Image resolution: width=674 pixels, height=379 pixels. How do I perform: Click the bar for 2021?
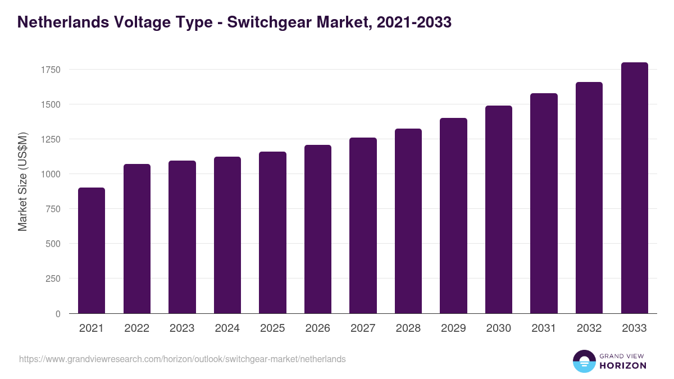(92, 250)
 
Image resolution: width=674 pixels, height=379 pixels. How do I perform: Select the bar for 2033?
(634, 188)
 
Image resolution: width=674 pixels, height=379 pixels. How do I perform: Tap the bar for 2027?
(363, 226)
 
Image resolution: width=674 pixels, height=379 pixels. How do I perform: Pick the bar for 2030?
(499, 209)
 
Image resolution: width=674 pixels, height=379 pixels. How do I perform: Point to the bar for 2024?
(227, 235)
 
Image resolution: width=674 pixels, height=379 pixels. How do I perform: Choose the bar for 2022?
(136, 239)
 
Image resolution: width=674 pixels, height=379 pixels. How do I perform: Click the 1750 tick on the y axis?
(51, 70)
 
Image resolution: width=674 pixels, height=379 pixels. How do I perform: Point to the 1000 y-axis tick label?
(51, 174)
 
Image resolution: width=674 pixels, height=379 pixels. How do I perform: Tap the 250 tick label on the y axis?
(53, 278)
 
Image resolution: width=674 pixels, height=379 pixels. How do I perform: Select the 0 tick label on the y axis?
(58, 314)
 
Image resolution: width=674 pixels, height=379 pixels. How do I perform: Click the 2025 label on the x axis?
(272, 328)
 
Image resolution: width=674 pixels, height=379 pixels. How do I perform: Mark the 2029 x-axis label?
(453, 328)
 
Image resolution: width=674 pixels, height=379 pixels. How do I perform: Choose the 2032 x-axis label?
(589, 328)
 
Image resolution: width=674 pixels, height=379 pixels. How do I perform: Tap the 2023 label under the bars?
(182, 328)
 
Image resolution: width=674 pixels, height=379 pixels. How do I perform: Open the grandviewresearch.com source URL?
(183, 359)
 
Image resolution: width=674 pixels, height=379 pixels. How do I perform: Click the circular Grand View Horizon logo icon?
(584, 361)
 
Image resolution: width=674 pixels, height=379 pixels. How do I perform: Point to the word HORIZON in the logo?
(622, 366)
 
